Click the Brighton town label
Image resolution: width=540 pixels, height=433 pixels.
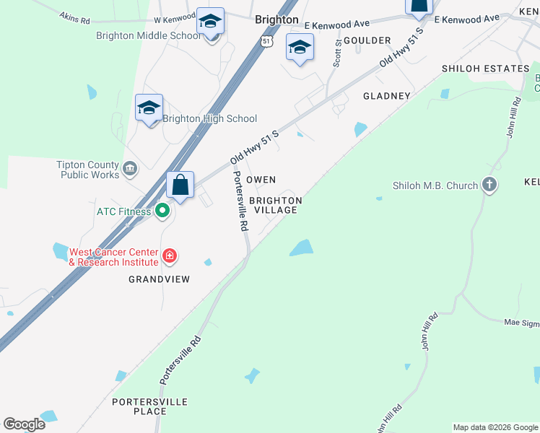276,20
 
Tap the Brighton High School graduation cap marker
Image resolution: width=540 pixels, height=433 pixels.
149,108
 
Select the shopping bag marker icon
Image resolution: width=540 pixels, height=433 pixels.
180,185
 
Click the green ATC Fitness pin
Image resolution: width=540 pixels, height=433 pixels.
162,211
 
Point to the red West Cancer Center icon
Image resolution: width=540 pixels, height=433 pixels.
169,255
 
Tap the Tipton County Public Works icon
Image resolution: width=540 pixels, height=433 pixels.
130,170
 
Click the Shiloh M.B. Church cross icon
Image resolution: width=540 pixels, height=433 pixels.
489,185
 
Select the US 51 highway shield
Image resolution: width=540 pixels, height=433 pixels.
267,42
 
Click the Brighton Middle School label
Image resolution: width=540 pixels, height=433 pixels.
148,35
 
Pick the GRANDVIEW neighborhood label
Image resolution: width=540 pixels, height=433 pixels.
159,279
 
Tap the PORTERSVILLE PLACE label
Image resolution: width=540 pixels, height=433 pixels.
150,406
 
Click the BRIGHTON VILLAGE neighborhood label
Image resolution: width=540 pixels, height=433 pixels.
275,205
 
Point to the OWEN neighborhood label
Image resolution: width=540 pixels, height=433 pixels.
261,179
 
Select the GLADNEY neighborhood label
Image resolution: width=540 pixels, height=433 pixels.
387,95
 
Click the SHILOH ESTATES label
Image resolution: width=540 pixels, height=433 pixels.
486,69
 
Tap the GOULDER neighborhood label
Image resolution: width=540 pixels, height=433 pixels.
367,40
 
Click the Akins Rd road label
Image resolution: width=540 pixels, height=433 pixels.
74,16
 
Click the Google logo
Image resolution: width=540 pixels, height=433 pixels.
25,424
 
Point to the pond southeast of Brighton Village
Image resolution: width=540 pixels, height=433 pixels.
302,248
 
